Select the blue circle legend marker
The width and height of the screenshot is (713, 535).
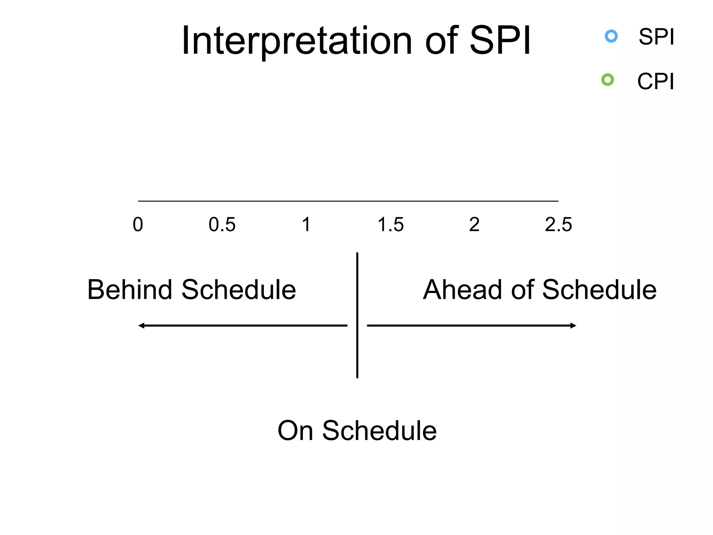click(x=611, y=36)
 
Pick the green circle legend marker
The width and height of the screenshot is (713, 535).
click(x=608, y=80)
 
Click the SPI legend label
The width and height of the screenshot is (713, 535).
click(x=656, y=37)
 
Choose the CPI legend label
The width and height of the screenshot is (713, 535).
click(x=656, y=82)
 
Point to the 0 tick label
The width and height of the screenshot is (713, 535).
click(x=138, y=224)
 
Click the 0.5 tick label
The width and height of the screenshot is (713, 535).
click(x=222, y=224)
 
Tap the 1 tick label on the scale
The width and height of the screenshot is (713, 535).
click(x=306, y=224)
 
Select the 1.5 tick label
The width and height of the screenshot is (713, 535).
click(x=390, y=224)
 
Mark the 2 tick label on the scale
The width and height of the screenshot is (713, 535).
click(x=474, y=224)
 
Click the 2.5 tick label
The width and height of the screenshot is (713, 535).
click(x=558, y=224)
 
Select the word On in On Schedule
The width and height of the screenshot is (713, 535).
click(x=295, y=431)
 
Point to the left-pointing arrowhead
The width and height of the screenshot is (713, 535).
click(x=141, y=326)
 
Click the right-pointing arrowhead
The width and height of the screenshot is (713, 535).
click(x=573, y=326)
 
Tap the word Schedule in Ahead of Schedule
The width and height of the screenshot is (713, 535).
click(x=599, y=289)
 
